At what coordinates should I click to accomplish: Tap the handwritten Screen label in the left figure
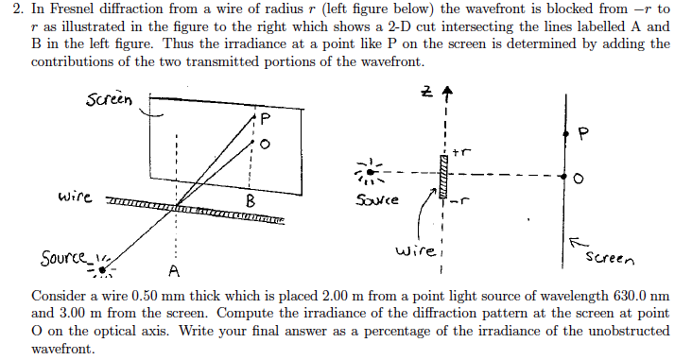click(108, 99)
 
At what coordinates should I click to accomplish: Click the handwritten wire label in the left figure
click(74, 198)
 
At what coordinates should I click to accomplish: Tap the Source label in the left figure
click(63, 257)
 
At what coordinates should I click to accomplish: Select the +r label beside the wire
click(460, 151)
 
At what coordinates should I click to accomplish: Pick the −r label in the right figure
click(461, 200)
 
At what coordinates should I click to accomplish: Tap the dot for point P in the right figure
click(565, 136)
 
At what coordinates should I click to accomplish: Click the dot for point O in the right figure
click(565, 177)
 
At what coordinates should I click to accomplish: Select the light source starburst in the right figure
click(371, 173)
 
